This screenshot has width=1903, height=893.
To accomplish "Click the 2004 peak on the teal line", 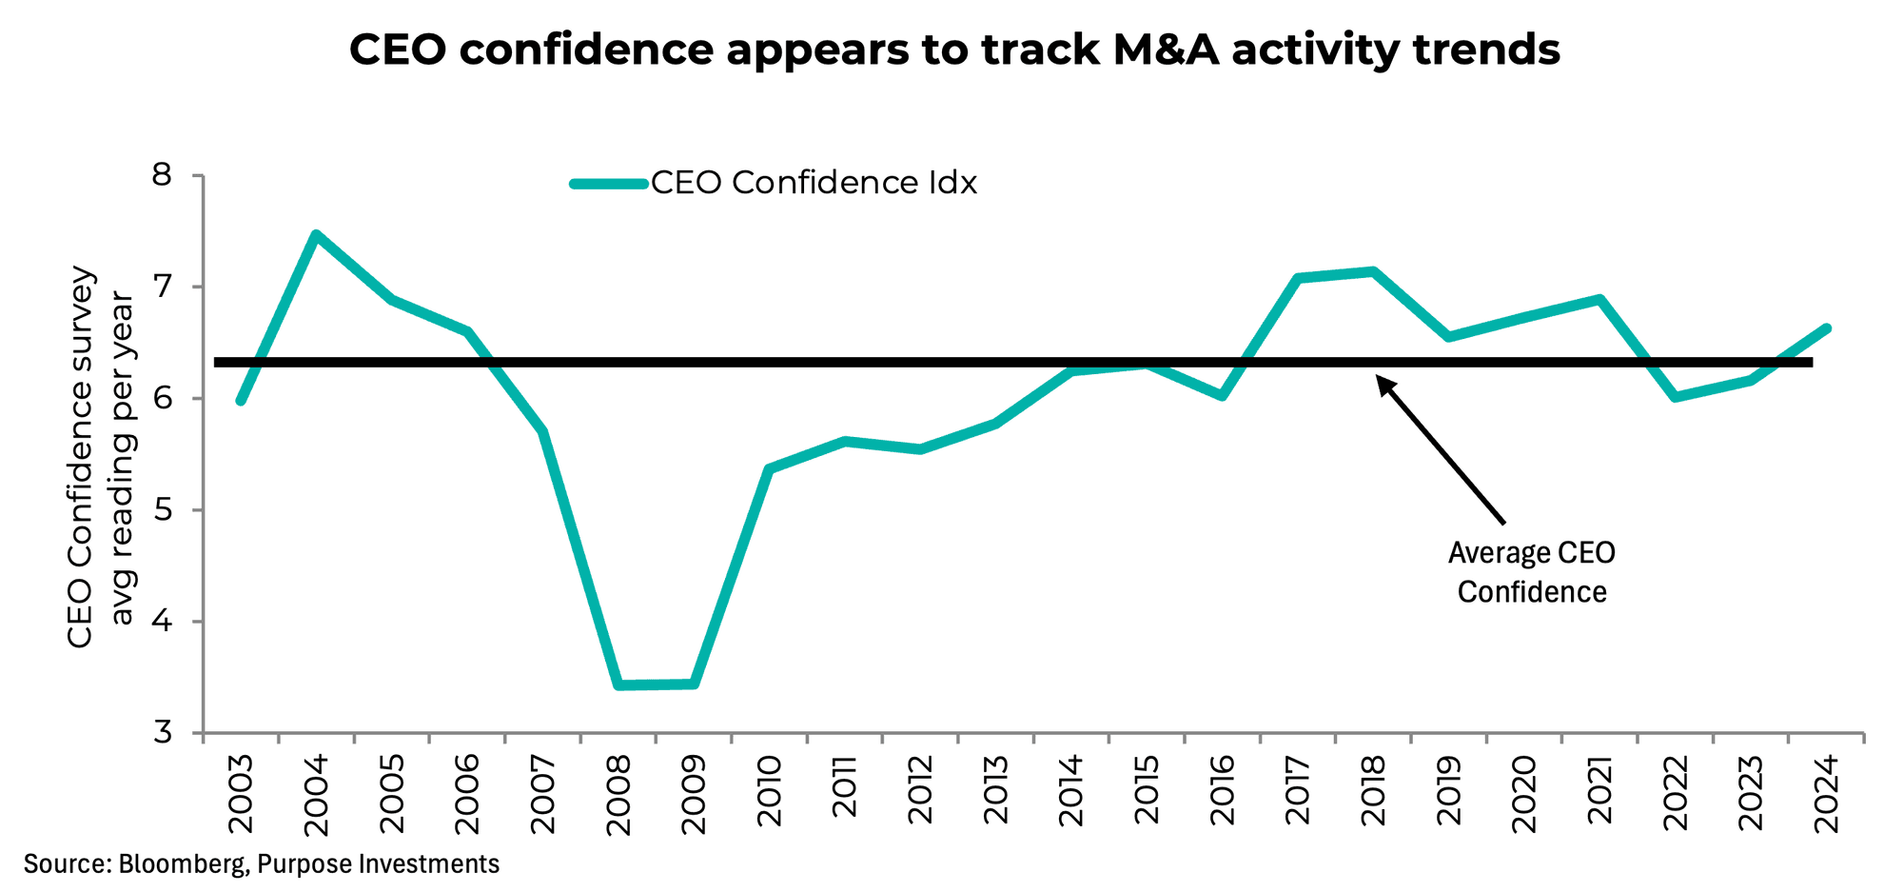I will click(316, 234).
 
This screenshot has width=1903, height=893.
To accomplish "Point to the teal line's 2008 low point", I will click(618, 685).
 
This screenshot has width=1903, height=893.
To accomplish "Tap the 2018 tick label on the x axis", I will click(1373, 794).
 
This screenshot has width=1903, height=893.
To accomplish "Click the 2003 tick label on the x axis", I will click(241, 794).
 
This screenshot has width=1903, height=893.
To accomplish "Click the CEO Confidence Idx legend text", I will click(814, 183).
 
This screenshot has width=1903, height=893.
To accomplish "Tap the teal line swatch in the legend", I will click(609, 184).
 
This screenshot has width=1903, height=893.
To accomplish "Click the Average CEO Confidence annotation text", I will click(1531, 572).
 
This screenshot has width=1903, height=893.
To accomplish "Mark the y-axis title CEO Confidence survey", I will click(81, 457).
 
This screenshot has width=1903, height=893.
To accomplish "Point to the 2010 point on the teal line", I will click(770, 468).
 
